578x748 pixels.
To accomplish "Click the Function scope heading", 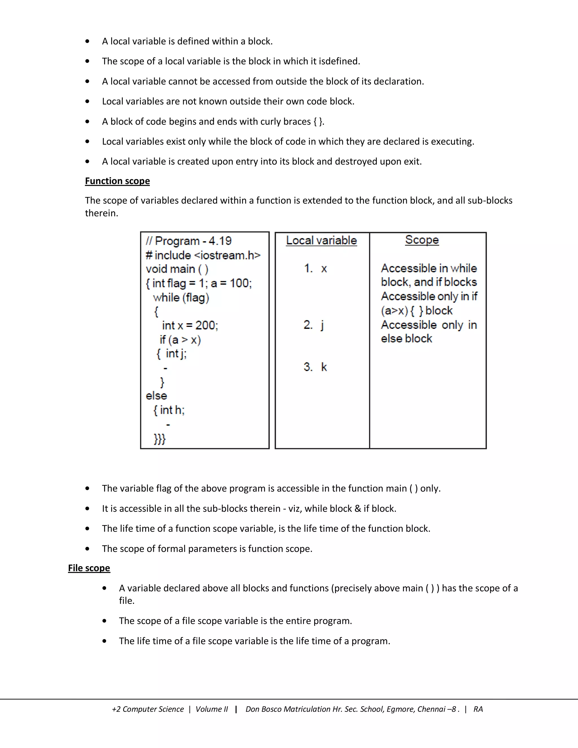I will [117, 181].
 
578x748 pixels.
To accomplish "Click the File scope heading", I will [89, 568].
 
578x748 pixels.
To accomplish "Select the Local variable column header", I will [321, 240].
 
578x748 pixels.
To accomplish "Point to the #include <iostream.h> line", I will [203, 255].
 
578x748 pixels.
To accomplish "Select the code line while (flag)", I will [181, 297].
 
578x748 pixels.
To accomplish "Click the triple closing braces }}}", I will [159, 439].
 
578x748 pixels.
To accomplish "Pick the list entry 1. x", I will [315, 268].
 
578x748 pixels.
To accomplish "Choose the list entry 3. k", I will [315, 367].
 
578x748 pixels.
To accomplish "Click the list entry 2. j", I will [314, 325].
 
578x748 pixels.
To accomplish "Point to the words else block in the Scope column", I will [406, 338].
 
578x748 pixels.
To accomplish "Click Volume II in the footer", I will [211, 709].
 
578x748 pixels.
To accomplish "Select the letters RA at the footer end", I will [478, 709].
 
